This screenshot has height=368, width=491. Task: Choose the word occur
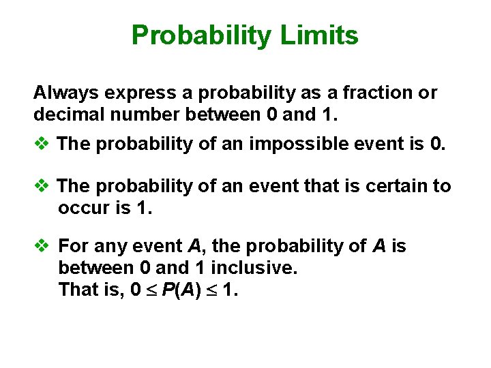[82, 208]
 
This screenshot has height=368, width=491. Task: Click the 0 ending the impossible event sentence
[436, 144]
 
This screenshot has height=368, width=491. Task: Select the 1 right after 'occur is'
[142, 208]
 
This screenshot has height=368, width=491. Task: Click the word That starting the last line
[78, 290]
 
